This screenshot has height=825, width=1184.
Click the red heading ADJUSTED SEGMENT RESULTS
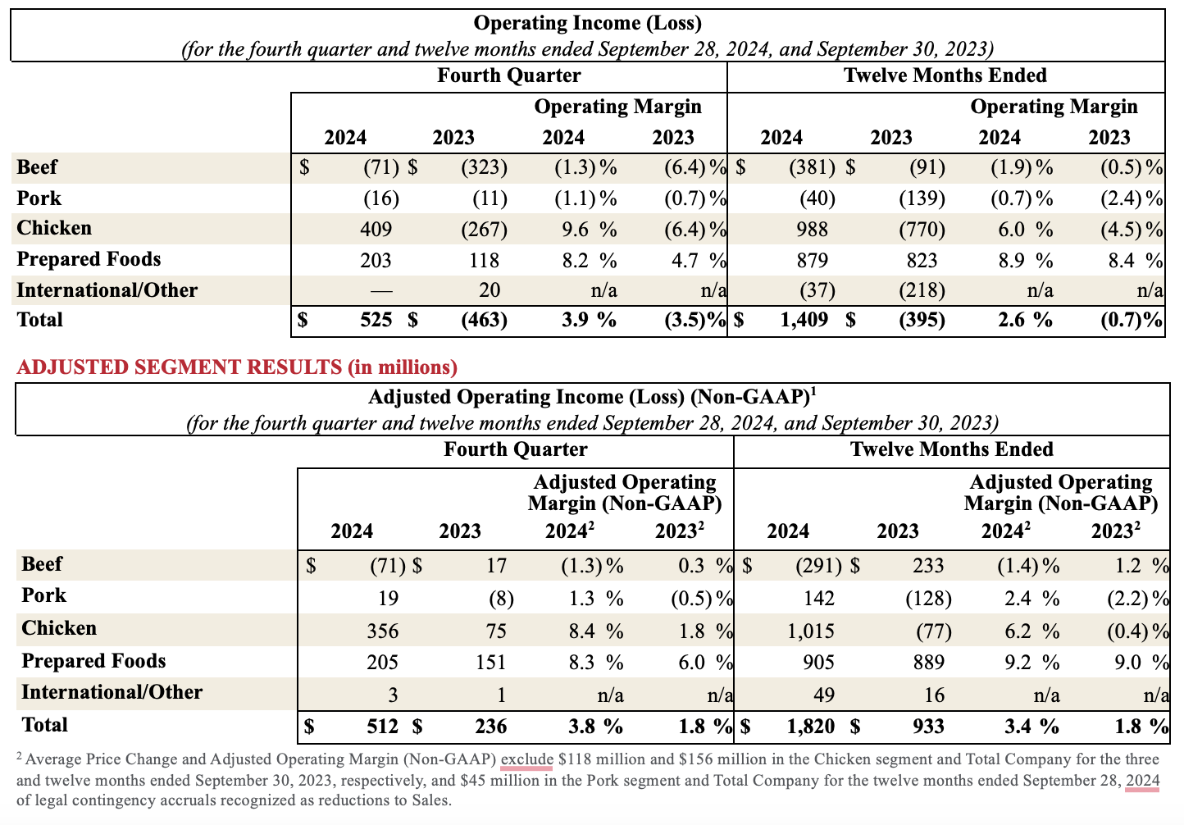[x=237, y=367]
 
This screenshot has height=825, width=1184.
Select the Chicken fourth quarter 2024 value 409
[x=376, y=230]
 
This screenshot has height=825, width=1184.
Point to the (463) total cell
[x=484, y=320]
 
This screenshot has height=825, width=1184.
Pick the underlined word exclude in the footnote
[x=526, y=759]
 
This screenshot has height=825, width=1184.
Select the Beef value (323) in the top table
[x=484, y=168]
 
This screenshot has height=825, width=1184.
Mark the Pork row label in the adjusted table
[x=43, y=595]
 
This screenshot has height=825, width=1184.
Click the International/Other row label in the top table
[x=107, y=290]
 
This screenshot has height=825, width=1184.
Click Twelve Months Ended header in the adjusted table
[x=951, y=449]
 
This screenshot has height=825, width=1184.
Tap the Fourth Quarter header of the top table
[x=508, y=75]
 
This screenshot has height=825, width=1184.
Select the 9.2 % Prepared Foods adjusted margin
[x=1031, y=663]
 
